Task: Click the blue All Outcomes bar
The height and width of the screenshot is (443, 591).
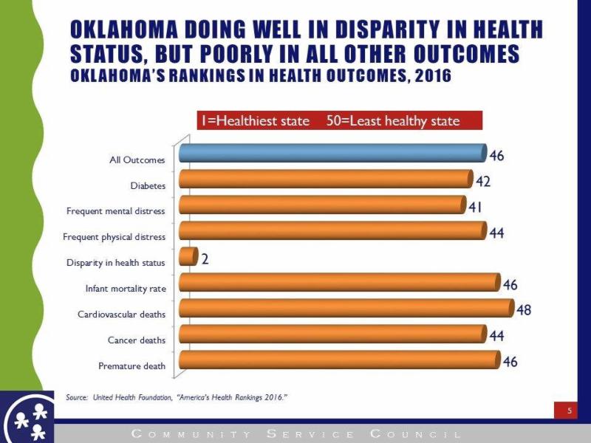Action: click(x=332, y=154)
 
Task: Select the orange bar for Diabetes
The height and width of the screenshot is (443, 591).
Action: click(x=325, y=179)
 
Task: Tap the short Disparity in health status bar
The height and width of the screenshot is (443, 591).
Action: click(x=188, y=257)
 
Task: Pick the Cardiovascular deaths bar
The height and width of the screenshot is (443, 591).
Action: click(x=346, y=309)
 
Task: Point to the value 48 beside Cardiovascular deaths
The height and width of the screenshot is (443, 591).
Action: click(x=524, y=310)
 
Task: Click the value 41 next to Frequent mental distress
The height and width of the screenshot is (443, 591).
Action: click(x=476, y=207)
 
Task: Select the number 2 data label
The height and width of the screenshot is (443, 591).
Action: click(x=205, y=259)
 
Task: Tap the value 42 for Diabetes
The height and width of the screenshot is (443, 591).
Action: click(x=483, y=182)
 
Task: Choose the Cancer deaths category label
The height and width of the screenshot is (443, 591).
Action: click(x=137, y=340)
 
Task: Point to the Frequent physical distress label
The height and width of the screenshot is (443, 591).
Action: click(x=115, y=237)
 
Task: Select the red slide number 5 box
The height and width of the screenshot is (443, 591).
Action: click(x=570, y=410)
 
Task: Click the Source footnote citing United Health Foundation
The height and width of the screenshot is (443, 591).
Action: click(x=177, y=397)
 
